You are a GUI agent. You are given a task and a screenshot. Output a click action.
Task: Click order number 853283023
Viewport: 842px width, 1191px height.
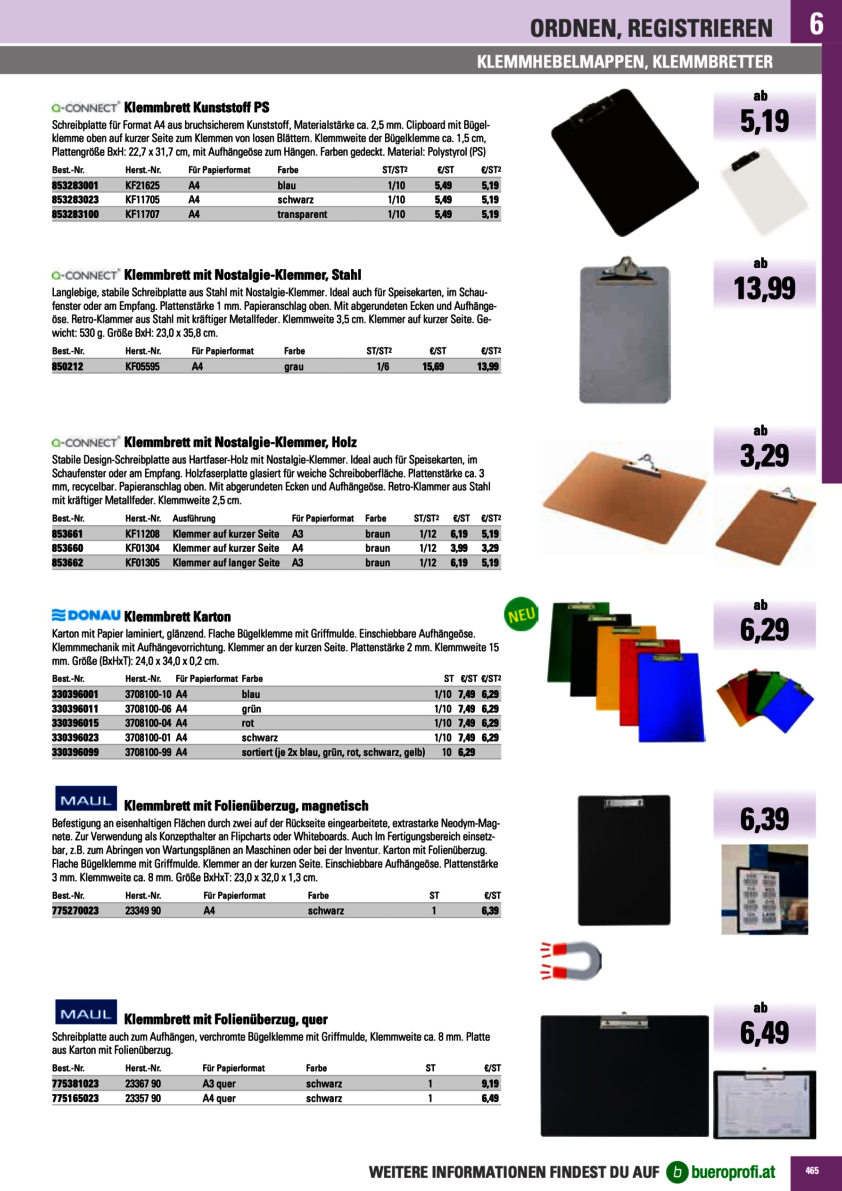75,200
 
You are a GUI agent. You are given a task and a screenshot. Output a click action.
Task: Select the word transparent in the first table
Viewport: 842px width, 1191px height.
302,214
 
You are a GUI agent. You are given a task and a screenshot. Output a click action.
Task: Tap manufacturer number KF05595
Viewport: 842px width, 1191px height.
142,367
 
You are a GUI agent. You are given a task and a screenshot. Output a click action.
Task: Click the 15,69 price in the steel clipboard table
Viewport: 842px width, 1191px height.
433,367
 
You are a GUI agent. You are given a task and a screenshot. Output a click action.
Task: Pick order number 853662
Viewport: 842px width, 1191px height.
67,563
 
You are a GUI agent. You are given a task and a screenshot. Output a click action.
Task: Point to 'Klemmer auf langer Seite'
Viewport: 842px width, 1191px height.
226,563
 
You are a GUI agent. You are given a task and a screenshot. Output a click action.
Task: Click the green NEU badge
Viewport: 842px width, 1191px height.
521,615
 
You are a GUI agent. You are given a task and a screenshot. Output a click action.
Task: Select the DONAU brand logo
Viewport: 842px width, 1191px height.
86,615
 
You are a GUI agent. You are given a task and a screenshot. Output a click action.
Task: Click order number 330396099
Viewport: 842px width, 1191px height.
75,752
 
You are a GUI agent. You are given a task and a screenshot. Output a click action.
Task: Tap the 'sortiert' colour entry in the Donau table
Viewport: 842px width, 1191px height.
333,752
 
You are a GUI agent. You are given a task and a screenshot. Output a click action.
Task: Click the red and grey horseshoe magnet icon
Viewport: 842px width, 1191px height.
571,960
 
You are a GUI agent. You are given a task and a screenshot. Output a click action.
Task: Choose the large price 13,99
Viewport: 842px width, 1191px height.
764,289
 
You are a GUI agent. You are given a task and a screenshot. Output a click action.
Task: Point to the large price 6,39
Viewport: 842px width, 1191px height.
764,819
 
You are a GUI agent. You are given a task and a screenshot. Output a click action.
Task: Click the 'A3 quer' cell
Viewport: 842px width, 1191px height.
219,1083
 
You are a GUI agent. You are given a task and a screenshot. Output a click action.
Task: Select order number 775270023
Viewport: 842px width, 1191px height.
75,910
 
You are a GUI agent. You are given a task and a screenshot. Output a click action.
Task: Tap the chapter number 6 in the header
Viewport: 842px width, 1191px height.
816,24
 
